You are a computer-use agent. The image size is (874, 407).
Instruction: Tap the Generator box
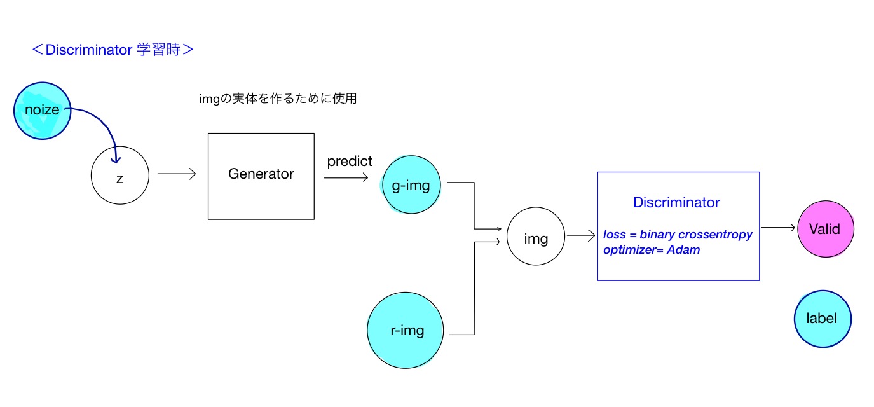click(261, 176)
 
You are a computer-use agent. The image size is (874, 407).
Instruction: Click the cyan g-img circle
click(411, 185)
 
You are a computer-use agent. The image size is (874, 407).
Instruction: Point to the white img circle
click(535, 238)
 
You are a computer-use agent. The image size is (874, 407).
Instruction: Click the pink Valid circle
click(825, 229)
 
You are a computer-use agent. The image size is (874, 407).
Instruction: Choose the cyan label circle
click(822, 319)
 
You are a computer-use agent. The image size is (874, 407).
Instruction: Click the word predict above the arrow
click(350, 162)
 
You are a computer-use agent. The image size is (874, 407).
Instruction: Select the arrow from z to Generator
click(177, 174)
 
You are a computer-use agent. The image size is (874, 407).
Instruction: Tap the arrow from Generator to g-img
click(346, 178)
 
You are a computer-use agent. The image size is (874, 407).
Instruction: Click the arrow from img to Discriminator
click(580, 236)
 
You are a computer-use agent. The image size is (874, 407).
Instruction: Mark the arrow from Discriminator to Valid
click(778, 228)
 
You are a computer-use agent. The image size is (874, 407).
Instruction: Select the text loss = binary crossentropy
click(678, 235)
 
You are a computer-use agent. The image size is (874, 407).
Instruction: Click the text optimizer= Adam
click(652, 250)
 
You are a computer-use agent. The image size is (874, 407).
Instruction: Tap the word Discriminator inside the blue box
click(676, 202)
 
